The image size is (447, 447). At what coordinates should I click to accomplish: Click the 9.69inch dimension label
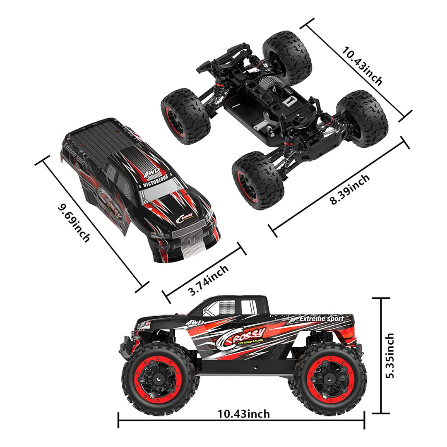pos(74,223)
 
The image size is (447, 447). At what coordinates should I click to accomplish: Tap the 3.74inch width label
pos(208,280)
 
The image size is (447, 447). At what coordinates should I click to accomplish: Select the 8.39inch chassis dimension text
pos(350,190)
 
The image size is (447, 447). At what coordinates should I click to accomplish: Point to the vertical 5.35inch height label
pos(389,356)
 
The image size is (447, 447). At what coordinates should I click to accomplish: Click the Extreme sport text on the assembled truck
pos(321,319)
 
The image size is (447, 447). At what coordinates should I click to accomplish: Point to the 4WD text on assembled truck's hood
pos(195,322)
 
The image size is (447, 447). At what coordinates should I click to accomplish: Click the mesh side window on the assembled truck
pos(227,307)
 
